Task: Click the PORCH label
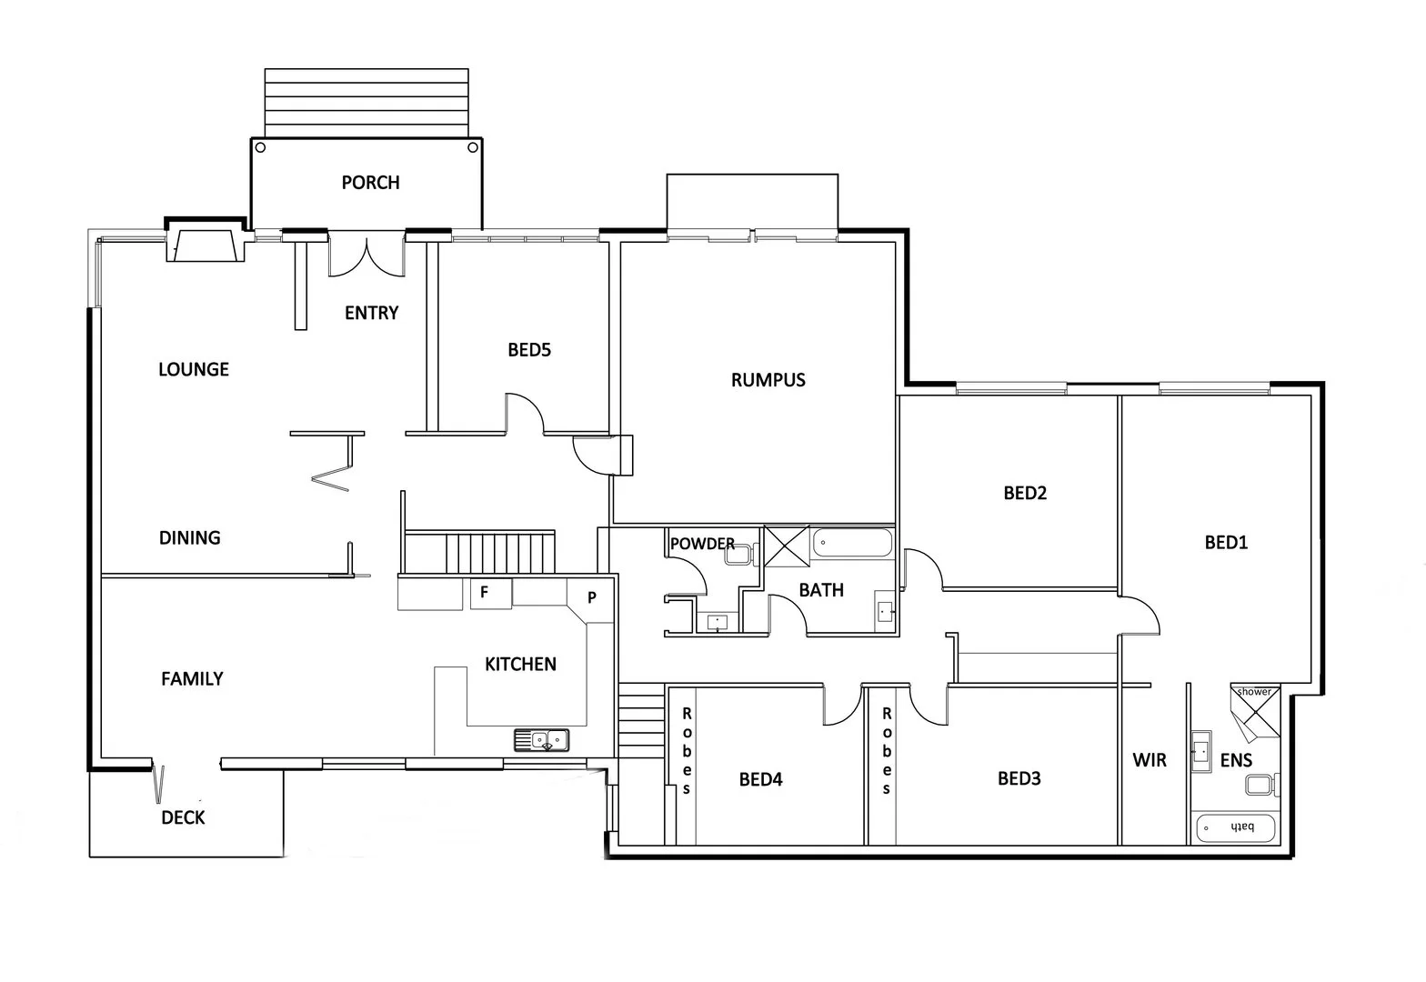click(370, 183)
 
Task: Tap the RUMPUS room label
click(768, 380)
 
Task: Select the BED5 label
click(529, 350)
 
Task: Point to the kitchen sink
click(541, 740)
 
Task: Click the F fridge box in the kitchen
click(485, 593)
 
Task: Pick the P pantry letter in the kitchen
click(591, 597)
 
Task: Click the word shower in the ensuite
click(1254, 692)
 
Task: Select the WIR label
click(1150, 760)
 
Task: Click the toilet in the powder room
click(742, 554)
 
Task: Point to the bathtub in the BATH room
click(852, 544)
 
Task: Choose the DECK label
click(183, 818)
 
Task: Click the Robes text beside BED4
click(687, 750)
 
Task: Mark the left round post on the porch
click(260, 147)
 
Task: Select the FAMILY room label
click(192, 679)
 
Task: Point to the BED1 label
click(1226, 543)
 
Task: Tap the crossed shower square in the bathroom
click(786, 546)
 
